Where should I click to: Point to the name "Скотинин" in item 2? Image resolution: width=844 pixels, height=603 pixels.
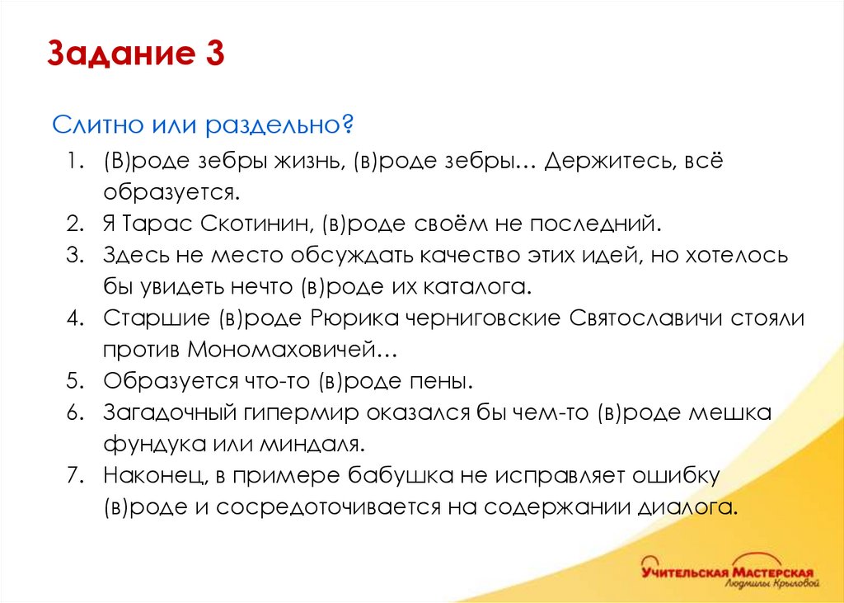(260, 223)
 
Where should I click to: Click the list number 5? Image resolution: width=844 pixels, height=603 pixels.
(75, 382)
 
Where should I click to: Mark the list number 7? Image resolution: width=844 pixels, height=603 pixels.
(75, 476)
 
